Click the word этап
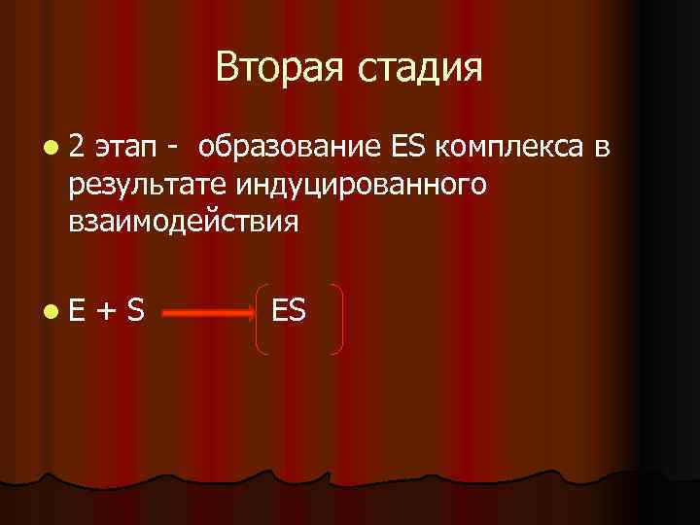(125, 148)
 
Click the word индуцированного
(349, 185)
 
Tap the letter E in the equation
(78, 310)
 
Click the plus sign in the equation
(107, 311)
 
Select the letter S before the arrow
(136, 310)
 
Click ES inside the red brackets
(290, 310)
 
